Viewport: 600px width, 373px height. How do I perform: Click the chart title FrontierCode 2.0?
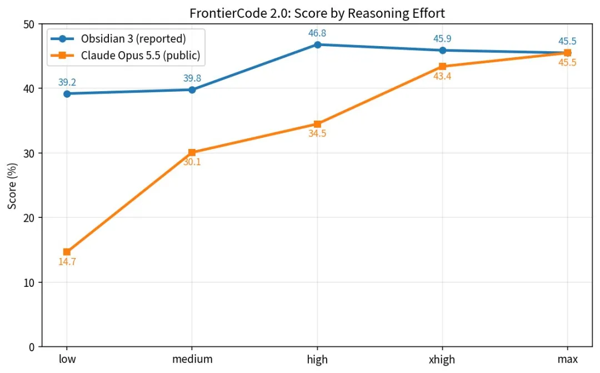click(240, 13)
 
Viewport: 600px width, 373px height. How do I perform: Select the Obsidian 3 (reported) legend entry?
click(119, 39)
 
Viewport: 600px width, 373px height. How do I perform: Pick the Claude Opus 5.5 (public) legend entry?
click(126, 56)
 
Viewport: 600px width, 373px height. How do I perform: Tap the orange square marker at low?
click(67, 252)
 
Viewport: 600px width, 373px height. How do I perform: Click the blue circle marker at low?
click(67, 94)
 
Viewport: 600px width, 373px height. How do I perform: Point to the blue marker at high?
click(317, 45)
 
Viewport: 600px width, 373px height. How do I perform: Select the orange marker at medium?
click(192, 152)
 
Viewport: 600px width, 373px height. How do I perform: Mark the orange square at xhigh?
click(442, 66)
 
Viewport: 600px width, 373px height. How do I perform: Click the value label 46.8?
click(317, 33)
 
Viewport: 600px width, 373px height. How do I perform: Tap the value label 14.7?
click(67, 262)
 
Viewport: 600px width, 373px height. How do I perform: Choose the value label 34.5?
click(317, 133)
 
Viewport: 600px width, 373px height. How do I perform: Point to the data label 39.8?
click(192, 78)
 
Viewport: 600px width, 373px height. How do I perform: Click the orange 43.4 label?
click(442, 77)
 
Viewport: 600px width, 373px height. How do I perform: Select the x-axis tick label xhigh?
click(442, 360)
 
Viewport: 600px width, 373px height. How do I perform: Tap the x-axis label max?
click(567, 359)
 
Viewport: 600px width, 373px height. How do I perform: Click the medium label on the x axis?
click(192, 359)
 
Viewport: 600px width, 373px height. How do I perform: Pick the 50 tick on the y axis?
click(29, 24)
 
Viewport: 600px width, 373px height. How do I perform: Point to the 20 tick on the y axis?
click(29, 218)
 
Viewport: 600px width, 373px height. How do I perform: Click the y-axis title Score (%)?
click(12, 186)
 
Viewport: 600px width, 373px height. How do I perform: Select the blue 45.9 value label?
click(442, 39)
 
